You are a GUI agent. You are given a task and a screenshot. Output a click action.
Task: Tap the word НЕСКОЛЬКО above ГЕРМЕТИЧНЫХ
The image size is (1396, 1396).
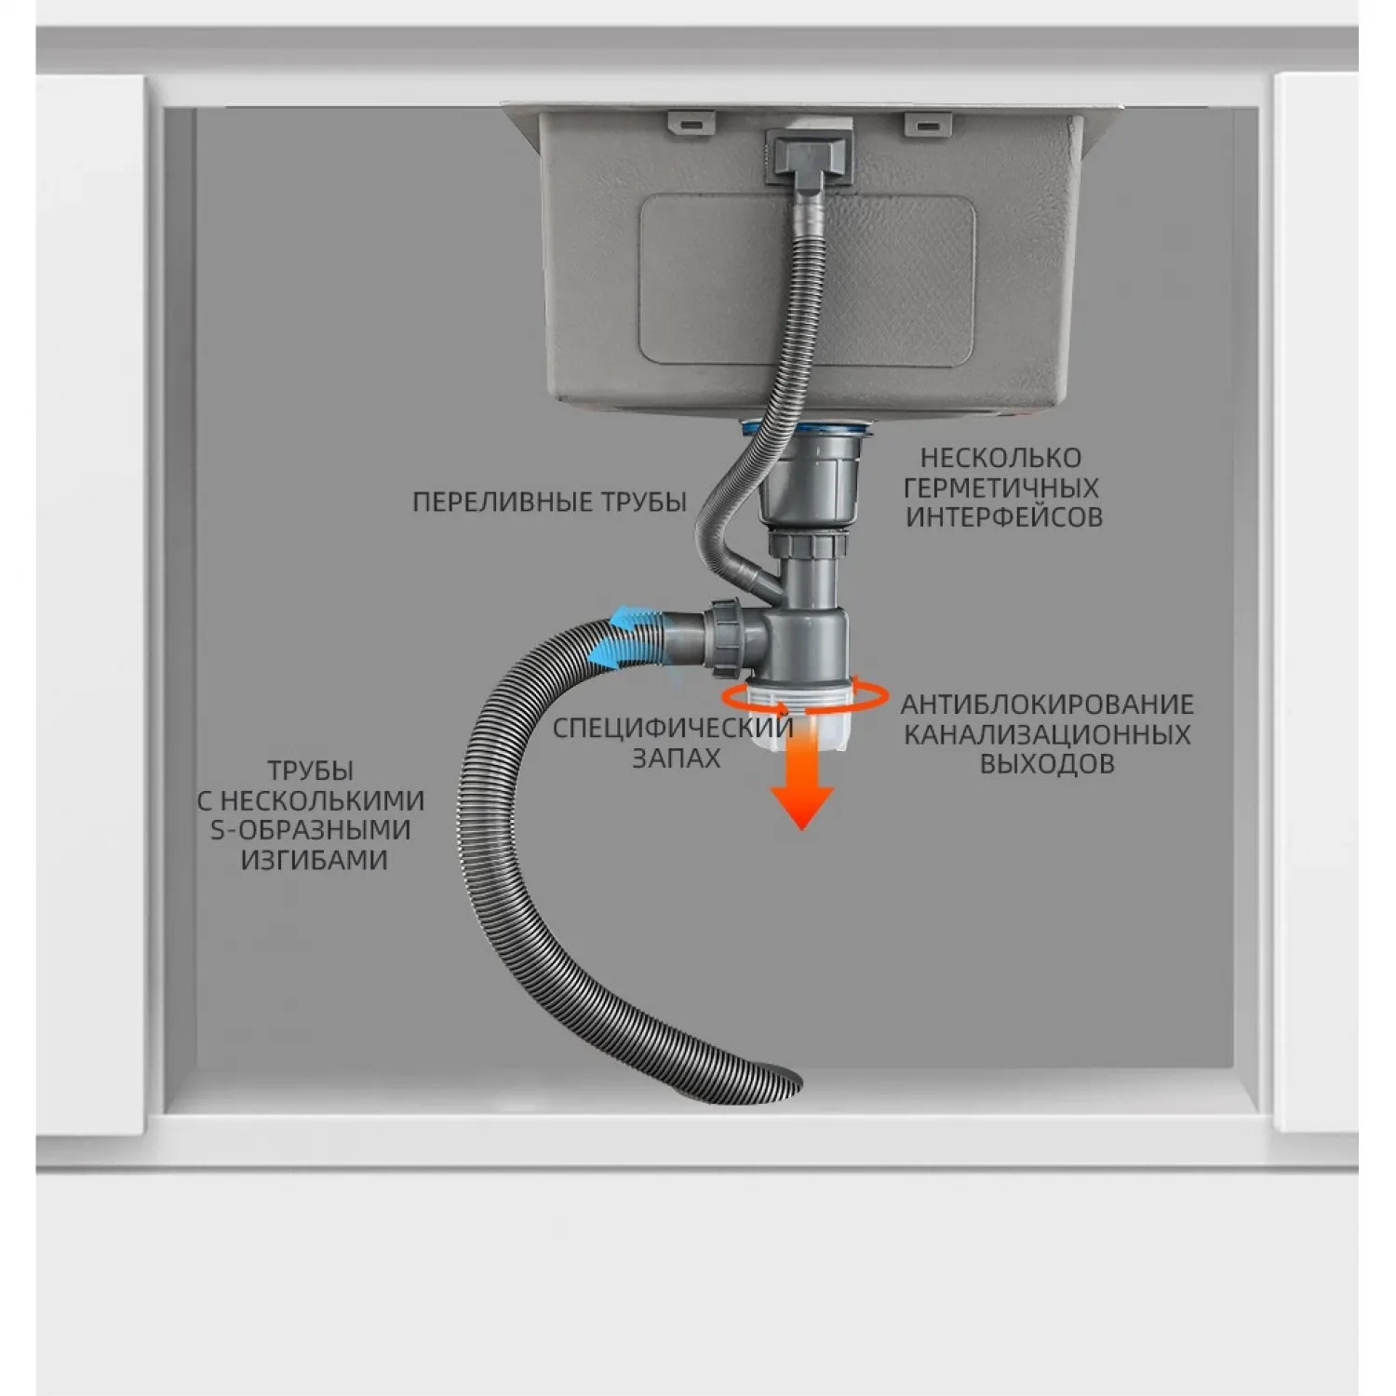[1000, 458]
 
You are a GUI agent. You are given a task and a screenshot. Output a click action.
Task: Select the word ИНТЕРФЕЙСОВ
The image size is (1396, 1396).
[1004, 517]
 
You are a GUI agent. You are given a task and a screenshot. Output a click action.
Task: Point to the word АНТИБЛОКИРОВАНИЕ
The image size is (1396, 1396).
[1047, 705]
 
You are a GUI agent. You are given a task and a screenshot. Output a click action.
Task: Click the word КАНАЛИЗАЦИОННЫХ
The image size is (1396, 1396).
[1047, 734]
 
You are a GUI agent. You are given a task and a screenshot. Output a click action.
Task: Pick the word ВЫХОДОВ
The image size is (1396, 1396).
[1047, 764]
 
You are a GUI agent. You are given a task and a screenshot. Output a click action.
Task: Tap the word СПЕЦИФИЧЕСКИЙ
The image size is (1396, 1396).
[673, 728]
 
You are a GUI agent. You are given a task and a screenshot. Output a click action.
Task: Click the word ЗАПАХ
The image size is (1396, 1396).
[677, 758]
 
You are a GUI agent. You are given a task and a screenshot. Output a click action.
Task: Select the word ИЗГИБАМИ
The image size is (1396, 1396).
[315, 860]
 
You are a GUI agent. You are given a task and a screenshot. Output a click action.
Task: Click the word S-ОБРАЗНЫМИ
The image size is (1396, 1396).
[311, 830]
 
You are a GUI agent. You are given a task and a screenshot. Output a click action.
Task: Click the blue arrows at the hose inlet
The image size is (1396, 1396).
[625, 636]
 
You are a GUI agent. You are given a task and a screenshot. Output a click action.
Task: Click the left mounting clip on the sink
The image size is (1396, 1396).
[691, 122]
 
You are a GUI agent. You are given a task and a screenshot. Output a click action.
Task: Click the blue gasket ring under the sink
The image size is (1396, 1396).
[807, 429]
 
